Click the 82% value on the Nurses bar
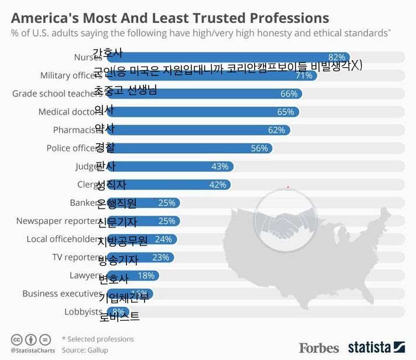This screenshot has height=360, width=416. tap(336, 57)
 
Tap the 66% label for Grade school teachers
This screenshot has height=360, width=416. tap(289, 94)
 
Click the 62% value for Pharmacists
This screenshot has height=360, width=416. tap(276, 130)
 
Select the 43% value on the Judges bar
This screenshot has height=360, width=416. tap(219, 167)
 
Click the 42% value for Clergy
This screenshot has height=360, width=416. tap(218, 185)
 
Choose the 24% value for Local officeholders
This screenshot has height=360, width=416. tap(163, 239)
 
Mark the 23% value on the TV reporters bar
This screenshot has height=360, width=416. tap(160, 257)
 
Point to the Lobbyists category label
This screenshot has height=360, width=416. tap(83, 311)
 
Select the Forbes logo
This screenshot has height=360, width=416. tap(319, 348)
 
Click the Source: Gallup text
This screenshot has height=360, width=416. tap(85, 350)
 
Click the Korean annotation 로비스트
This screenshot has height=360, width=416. tap(119, 317)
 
